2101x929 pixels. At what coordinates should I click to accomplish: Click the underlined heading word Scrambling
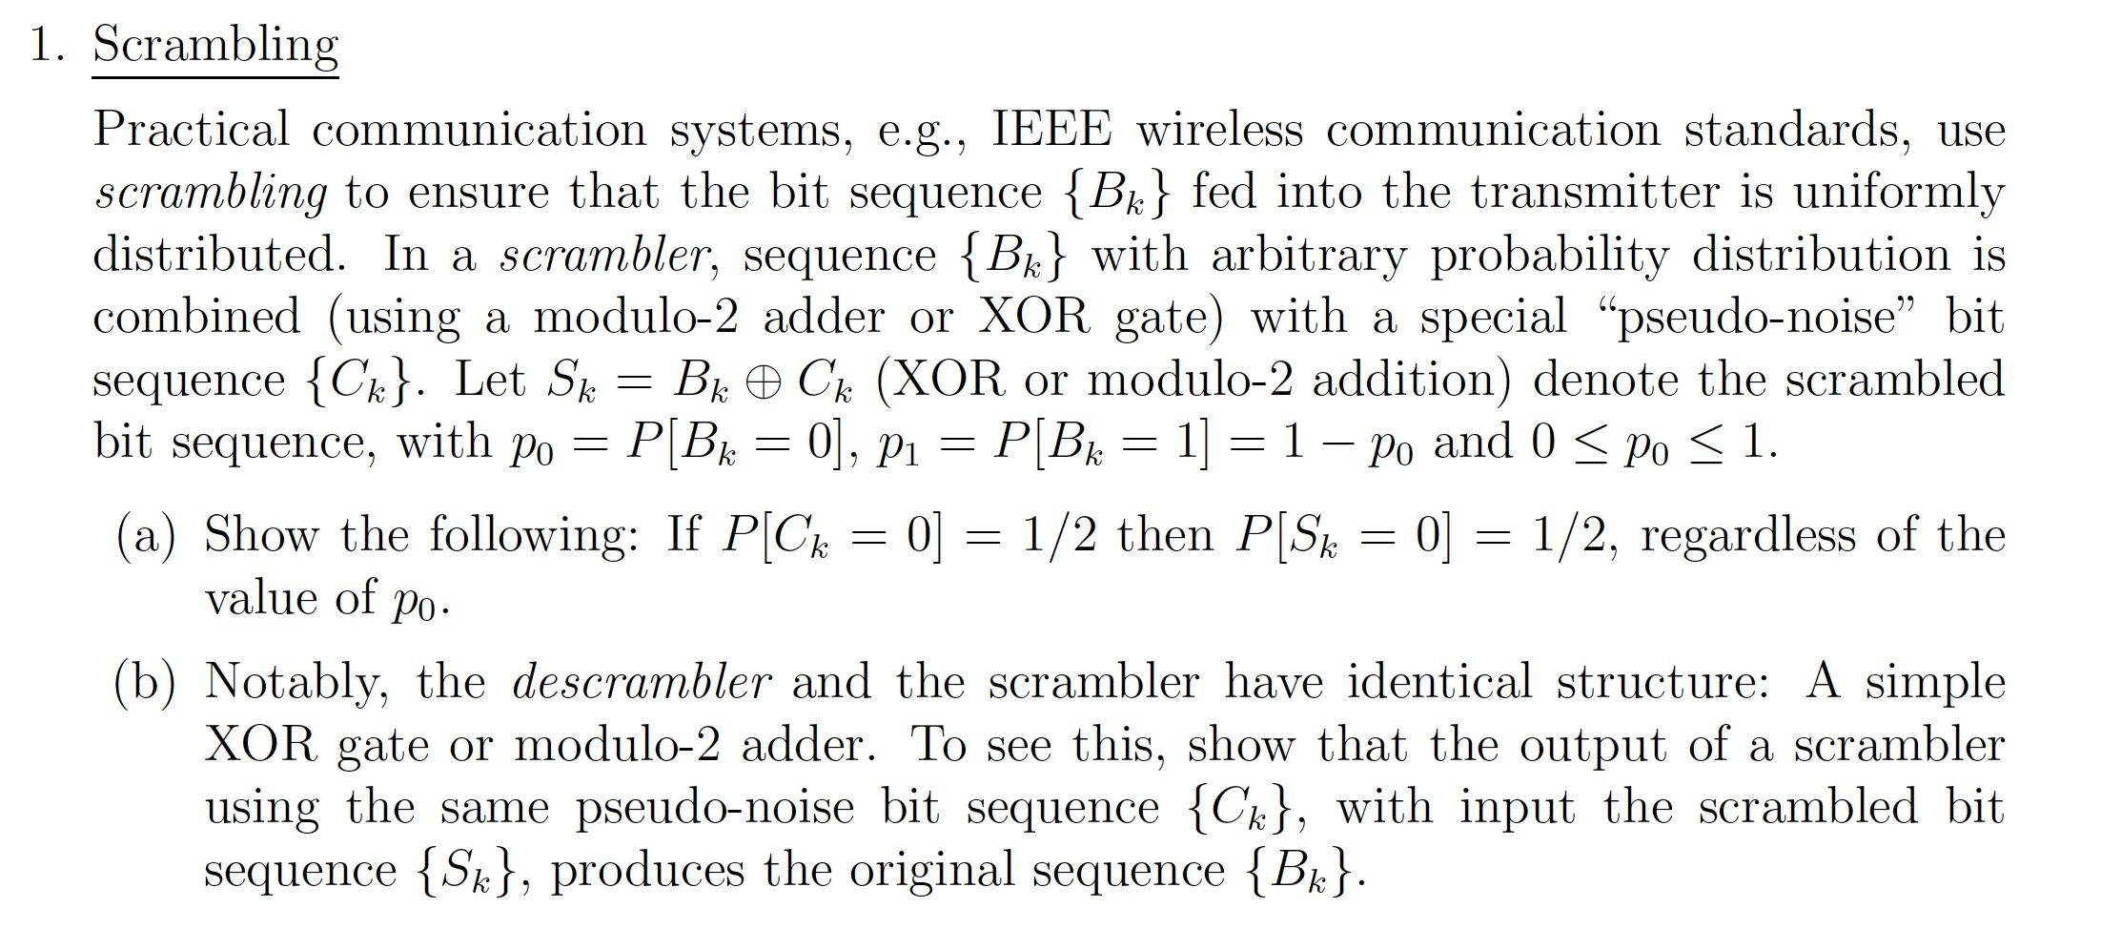click(215, 45)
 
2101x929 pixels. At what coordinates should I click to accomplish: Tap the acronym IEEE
click(1051, 129)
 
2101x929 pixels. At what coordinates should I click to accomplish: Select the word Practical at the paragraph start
click(191, 129)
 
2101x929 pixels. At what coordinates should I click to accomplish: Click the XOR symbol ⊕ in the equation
click(765, 382)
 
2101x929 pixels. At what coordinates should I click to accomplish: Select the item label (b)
click(146, 683)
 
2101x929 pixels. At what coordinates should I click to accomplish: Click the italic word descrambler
click(641, 683)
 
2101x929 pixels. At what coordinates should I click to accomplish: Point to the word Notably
click(296, 683)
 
